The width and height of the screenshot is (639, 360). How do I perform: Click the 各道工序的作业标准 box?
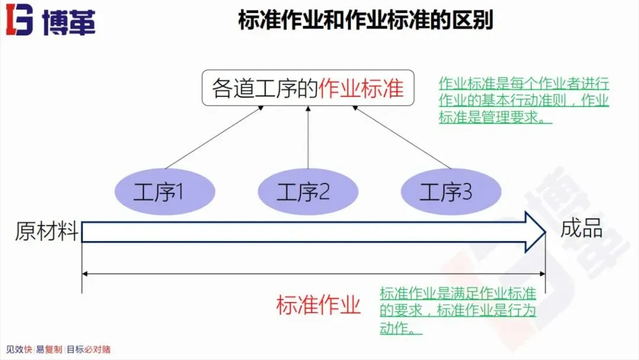point(308,88)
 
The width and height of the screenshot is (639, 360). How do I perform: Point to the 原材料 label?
point(46,231)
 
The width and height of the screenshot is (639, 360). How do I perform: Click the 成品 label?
point(582,229)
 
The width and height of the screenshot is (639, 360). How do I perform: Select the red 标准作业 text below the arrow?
point(318,306)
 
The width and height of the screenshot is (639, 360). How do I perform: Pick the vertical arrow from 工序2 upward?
point(308,139)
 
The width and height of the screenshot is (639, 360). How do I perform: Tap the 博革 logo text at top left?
point(69,22)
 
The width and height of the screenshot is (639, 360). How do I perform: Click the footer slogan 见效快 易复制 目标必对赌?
point(58,349)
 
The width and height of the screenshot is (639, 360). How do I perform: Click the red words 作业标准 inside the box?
point(361,88)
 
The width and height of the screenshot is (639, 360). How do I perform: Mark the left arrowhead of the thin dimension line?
point(85,274)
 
